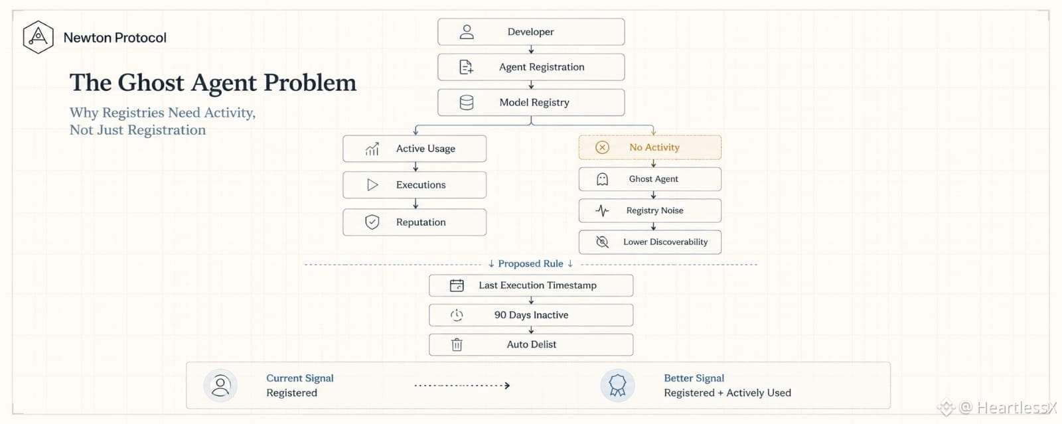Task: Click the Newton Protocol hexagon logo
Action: click(x=38, y=37)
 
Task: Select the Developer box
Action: click(x=531, y=32)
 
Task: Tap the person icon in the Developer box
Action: click(x=467, y=32)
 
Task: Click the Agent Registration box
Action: click(x=531, y=67)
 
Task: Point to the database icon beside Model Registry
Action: click(x=467, y=102)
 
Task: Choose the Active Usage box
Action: click(x=414, y=149)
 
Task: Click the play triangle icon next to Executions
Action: click(x=372, y=184)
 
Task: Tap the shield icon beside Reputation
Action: click(x=372, y=222)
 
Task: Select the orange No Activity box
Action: click(x=650, y=147)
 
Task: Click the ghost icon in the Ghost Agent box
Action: click(x=602, y=179)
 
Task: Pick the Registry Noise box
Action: click(x=650, y=210)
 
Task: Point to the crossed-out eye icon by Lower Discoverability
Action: click(x=602, y=242)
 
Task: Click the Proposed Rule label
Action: click(x=530, y=263)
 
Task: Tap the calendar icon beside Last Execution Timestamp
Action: click(x=457, y=285)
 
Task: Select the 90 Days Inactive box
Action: click(x=531, y=315)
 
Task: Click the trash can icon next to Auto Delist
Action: click(x=457, y=344)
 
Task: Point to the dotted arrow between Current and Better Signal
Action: click(x=462, y=386)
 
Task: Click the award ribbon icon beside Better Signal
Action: click(x=617, y=385)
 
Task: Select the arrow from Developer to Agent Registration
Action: click(x=531, y=49)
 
